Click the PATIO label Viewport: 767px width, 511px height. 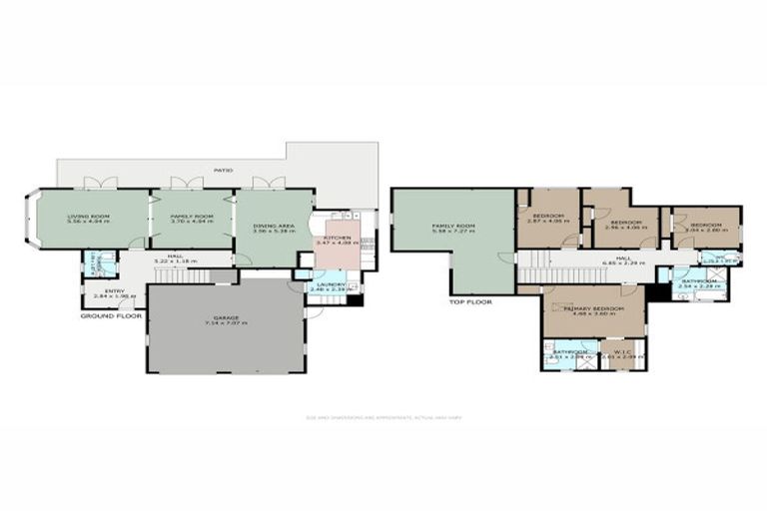(222, 171)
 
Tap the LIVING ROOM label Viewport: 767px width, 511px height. (87, 216)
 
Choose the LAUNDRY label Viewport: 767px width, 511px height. (330, 284)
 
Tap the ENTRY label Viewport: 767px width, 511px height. (101, 290)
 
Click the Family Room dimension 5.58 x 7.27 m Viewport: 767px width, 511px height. (453, 234)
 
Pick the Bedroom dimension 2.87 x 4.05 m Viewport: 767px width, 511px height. (548, 223)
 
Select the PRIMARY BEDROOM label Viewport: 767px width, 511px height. (593, 309)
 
